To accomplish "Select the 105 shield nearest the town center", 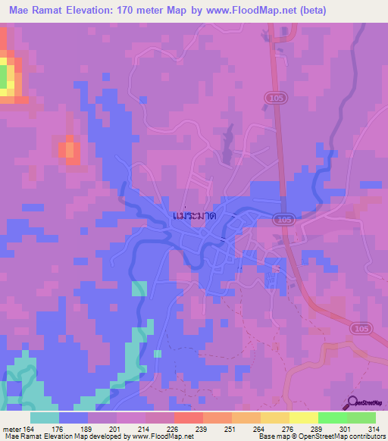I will [285, 219].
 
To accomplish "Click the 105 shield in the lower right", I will [360, 327].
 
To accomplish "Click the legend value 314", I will [374, 428].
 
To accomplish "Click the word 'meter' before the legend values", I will [11, 428].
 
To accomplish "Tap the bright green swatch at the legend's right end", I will [361, 418].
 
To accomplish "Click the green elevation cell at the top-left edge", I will [4, 76].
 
